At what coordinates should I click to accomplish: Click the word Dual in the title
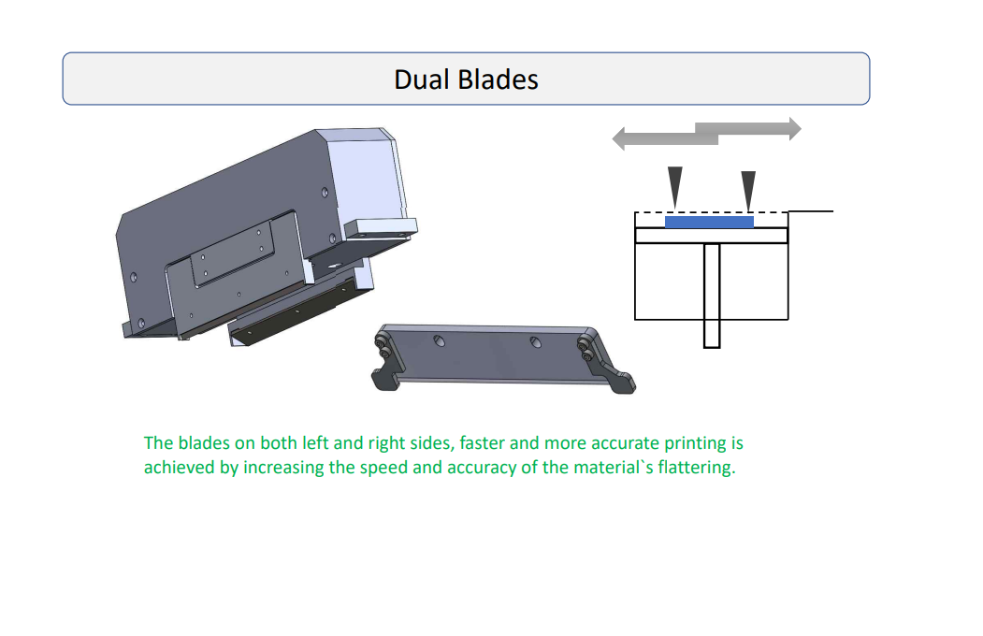pos(421,79)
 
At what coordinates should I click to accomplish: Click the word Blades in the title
pos(498,79)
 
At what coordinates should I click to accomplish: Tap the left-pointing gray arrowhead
pos(619,138)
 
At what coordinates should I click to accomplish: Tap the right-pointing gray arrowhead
pos(795,128)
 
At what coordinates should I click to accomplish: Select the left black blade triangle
pos(674,184)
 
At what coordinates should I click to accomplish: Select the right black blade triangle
pos(748,188)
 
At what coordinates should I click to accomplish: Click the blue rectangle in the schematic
pos(709,222)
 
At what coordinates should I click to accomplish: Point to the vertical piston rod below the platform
pos(712,296)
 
